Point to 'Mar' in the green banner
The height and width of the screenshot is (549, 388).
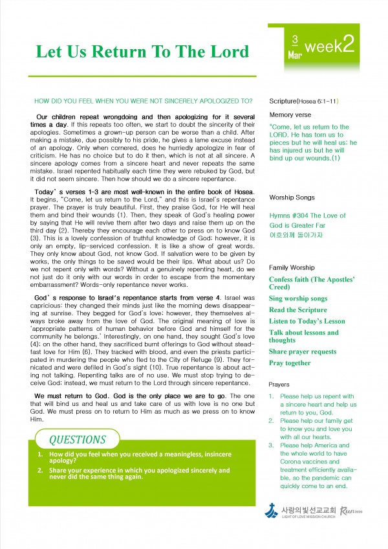coord(294,55)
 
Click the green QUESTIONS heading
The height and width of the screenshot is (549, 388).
coord(78,440)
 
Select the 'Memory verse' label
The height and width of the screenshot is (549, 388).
coord(289,115)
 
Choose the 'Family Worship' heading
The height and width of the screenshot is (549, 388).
coord(292,267)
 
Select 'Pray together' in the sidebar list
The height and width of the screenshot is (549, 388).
coord(290,363)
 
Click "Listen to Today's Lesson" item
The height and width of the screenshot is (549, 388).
coord(307,321)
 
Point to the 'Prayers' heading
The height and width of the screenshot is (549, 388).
coord(279,385)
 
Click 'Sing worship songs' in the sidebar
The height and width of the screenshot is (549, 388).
coord(298,299)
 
